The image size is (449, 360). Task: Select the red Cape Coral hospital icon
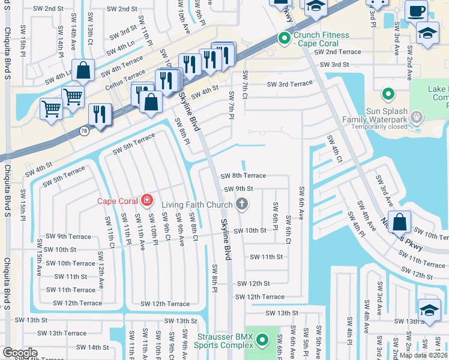click(147, 200)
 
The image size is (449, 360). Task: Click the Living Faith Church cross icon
click(242, 205)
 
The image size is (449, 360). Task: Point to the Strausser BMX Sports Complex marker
click(262, 341)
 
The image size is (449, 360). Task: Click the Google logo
click(20, 353)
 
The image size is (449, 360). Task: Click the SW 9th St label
click(239, 189)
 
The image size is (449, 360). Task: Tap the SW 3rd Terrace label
click(290, 83)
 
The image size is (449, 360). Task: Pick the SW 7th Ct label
click(245, 84)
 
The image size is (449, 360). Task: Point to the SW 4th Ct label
click(334, 148)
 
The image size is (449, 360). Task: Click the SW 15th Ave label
click(39, 252)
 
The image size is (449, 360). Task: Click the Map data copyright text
click(424, 355)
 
